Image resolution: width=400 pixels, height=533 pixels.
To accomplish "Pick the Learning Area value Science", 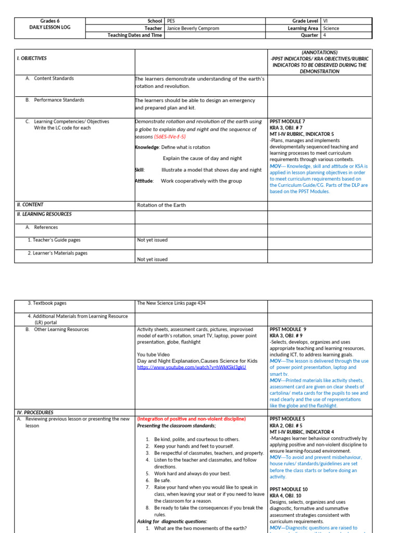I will (331, 28).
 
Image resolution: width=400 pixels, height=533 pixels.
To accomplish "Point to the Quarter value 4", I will (324, 35).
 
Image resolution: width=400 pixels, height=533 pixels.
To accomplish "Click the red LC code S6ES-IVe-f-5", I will (170, 136).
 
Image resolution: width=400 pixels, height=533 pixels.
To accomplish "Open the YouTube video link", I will (191, 367).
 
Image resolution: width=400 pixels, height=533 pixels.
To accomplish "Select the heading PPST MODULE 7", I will (287, 121).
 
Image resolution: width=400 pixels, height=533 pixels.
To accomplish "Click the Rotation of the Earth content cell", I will (161, 205).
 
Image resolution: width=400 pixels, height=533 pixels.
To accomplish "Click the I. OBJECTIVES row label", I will (32, 58).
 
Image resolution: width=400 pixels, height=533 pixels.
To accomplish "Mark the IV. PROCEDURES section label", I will (35, 412).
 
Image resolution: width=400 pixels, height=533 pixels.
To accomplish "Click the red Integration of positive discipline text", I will (191, 419).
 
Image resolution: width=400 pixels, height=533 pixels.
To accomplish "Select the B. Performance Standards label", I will (59, 100).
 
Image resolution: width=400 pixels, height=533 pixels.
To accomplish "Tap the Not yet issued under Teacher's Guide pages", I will (152, 240).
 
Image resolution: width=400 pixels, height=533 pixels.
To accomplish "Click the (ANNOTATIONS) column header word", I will (320, 52).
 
